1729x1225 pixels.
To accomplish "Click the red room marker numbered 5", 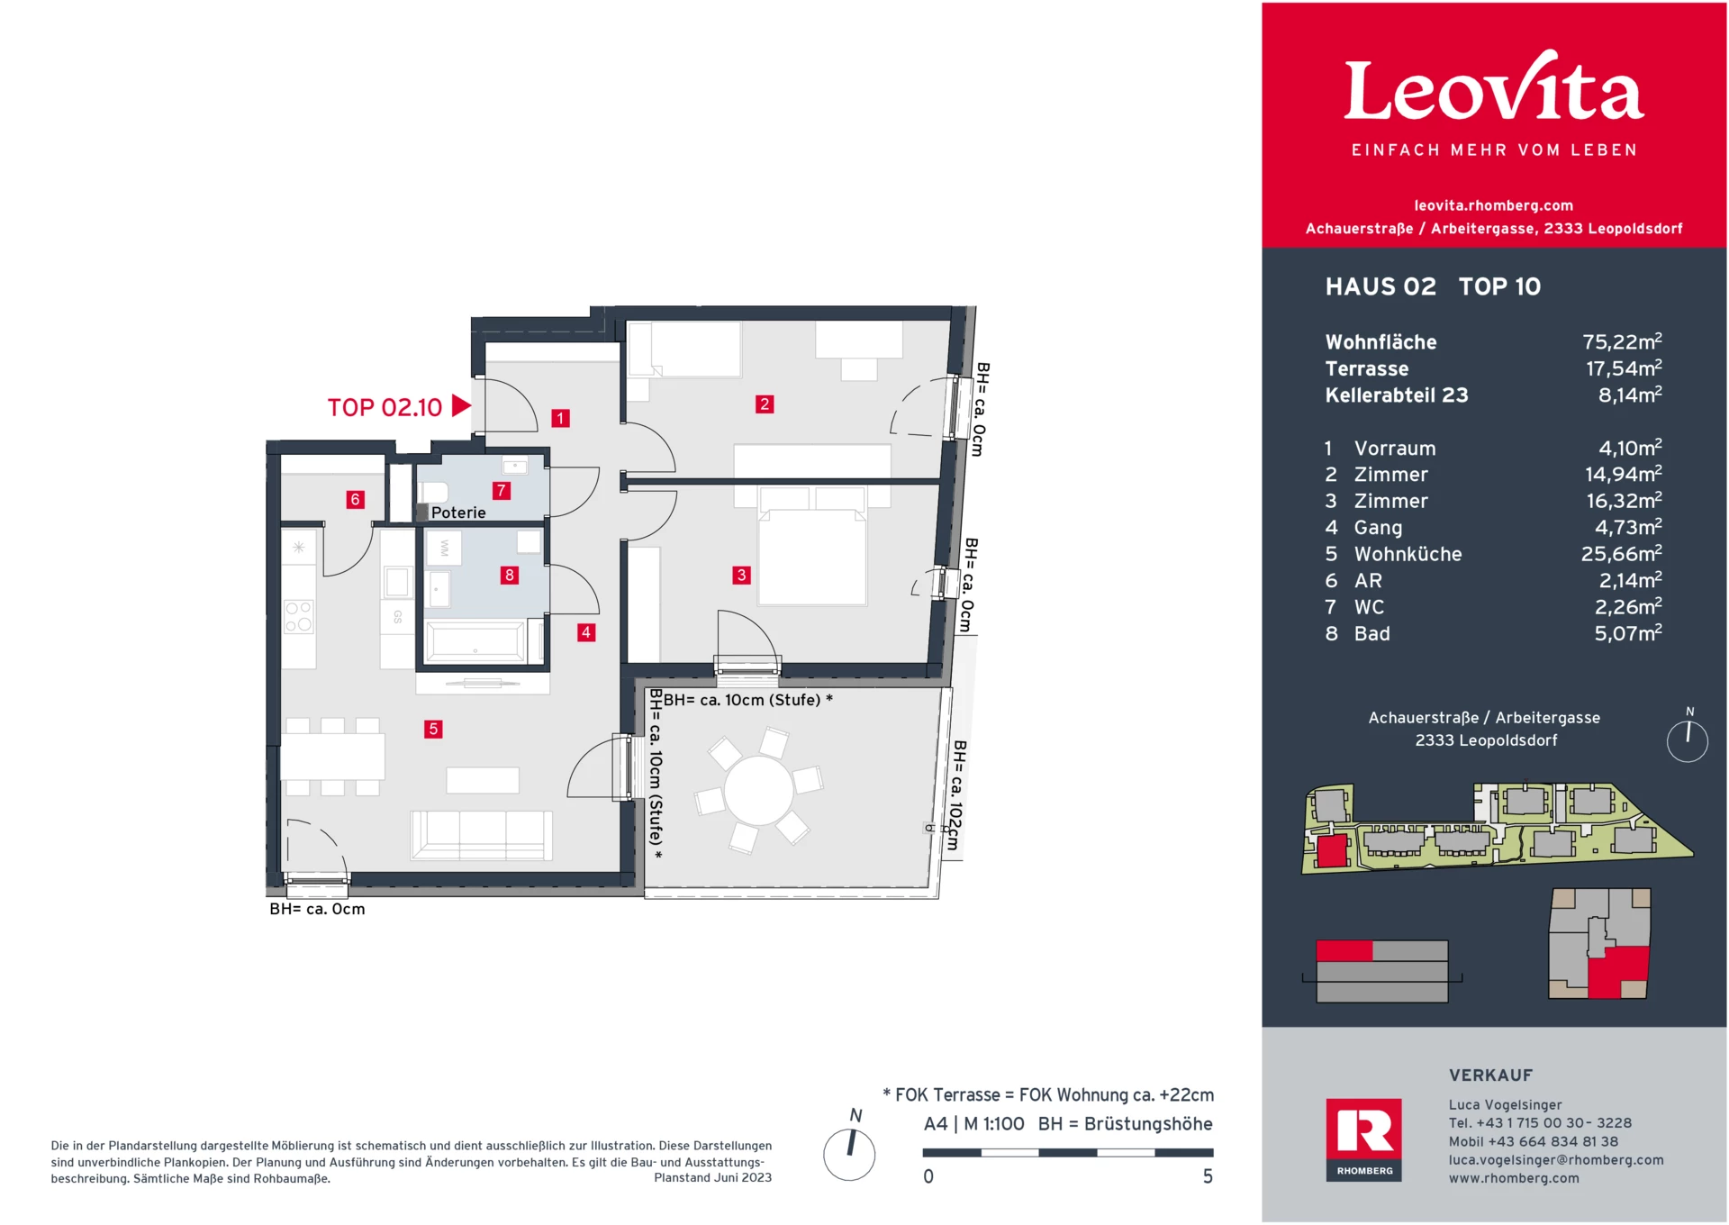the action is pos(433,729).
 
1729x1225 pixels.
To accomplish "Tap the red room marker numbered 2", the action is pos(765,404).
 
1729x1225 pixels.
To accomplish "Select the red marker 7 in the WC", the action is pos(502,490).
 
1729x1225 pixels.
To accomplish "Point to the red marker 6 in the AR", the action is pos(356,499).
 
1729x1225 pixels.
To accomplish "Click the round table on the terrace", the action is pos(759,790).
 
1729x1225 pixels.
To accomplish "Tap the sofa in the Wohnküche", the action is pos(482,834).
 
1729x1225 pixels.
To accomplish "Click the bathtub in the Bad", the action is pos(477,642).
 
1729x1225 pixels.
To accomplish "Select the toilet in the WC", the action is pos(433,492).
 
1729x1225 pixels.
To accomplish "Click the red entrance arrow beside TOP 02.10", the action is pos(461,405).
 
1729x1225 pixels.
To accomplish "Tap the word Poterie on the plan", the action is pos(458,513).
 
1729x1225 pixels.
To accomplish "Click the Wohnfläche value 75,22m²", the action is pos(1622,341).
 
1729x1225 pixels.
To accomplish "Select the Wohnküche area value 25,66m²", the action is pos(1621,553).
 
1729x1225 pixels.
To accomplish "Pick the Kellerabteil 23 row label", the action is pos(1397,395).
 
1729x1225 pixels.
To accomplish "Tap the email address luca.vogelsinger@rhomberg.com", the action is pos(1556,1160).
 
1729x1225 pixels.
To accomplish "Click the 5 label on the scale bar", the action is pos(1208,1176).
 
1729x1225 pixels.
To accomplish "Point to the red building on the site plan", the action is pos(1331,851).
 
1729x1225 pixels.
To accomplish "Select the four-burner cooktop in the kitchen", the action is pos(299,617).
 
